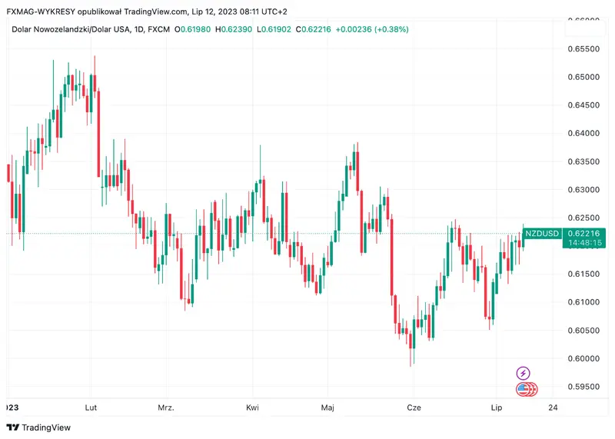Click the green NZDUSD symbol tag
[x=543, y=232]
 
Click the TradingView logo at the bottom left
[x=38, y=427]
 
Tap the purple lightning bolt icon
[x=523, y=373]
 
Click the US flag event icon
[x=524, y=389]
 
